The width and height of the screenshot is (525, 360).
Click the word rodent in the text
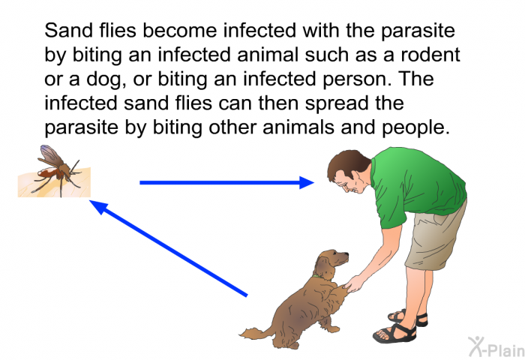(x=430, y=55)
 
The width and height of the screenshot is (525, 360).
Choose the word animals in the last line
(x=298, y=127)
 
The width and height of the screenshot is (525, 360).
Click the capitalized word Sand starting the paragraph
(x=69, y=31)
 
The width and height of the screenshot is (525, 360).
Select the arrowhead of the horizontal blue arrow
(x=306, y=182)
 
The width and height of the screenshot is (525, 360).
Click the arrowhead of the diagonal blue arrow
(x=98, y=206)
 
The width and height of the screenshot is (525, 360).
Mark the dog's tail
(x=256, y=333)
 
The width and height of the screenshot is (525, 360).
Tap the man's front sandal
(x=395, y=332)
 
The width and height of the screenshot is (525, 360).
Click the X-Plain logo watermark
(x=496, y=347)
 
